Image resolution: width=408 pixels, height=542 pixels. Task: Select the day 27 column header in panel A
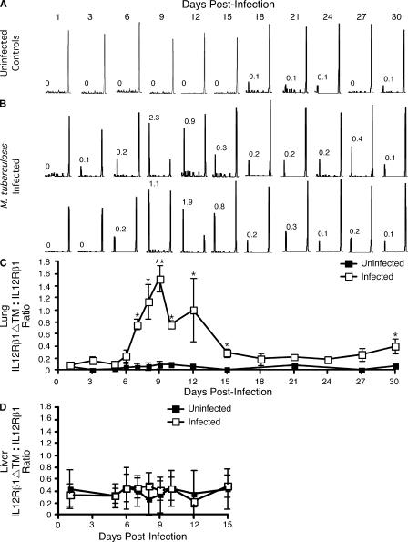click(x=359, y=17)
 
